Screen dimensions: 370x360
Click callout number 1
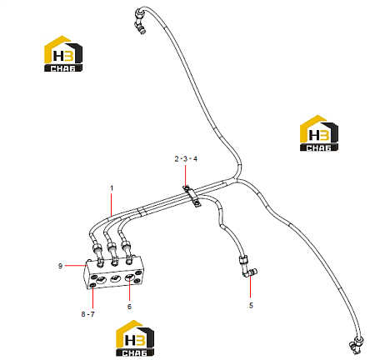pos(112,188)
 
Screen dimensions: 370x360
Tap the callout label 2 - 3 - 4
pos(186,159)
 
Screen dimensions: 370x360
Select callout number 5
pos(251,305)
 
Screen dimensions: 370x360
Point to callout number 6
pos(129,307)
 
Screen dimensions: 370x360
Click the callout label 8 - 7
pos(87,314)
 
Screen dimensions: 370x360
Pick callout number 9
pos(60,266)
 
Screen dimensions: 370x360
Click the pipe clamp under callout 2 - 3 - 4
pos(192,197)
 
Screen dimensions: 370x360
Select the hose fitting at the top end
pos(140,20)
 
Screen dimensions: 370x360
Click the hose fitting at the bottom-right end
pos(356,344)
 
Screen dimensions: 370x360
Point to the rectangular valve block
pos(115,273)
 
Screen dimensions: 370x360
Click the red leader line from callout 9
pos(75,266)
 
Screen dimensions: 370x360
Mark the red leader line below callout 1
pos(112,204)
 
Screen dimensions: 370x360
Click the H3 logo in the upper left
pos(63,54)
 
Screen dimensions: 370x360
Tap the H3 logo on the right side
pos(319,133)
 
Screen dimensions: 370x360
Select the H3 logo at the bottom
pos(135,338)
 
